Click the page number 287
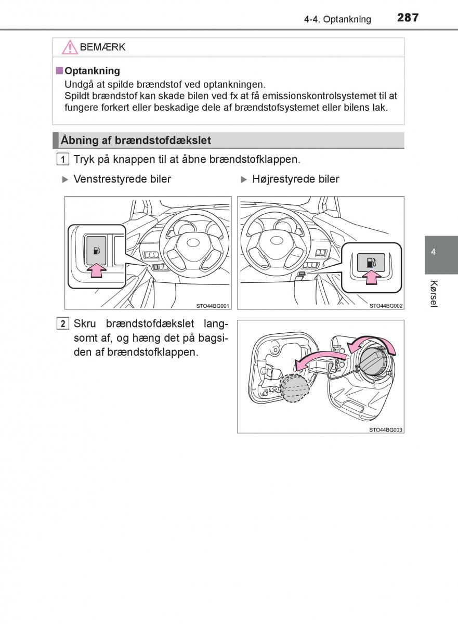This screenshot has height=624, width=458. [408, 18]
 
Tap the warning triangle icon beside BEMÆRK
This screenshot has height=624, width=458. [69, 47]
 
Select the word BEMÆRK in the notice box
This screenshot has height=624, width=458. [102, 47]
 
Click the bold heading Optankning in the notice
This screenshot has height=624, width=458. [92, 71]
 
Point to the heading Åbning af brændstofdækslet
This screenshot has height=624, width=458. [136, 140]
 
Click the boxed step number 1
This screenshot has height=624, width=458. [62, 159]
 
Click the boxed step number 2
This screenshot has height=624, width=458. [62, 324]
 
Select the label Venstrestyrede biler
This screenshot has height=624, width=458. [122, 179]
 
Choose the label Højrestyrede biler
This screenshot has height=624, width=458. [295, 179]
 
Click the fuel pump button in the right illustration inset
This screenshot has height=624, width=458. [371, 261]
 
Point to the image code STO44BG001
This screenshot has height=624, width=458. [213, 306]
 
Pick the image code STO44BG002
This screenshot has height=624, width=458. [386, 306]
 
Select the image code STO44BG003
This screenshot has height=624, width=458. [386, 430]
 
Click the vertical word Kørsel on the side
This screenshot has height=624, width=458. [434, 294]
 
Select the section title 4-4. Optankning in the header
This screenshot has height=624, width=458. [338, 19]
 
